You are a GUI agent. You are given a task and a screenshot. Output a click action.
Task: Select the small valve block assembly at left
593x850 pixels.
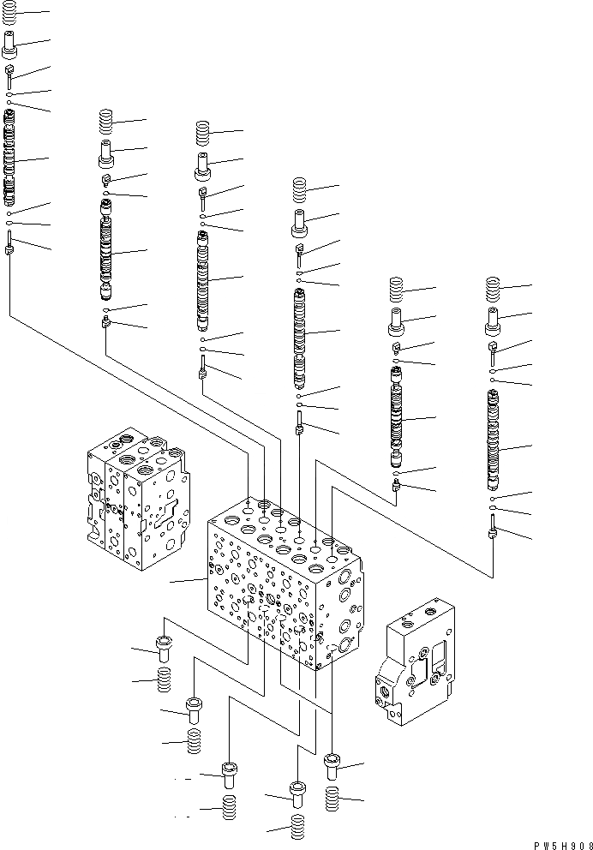[x=135, y=497]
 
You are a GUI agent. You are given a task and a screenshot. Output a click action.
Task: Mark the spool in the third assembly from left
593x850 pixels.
[x=203, y=278]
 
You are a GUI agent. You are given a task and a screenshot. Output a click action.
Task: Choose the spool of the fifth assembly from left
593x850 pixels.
[x=397, y=420]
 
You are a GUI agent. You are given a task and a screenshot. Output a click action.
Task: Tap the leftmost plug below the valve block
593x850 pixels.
[x=162, y=645]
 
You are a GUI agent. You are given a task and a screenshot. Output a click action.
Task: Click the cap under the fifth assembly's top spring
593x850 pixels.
[x=397, y=324]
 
